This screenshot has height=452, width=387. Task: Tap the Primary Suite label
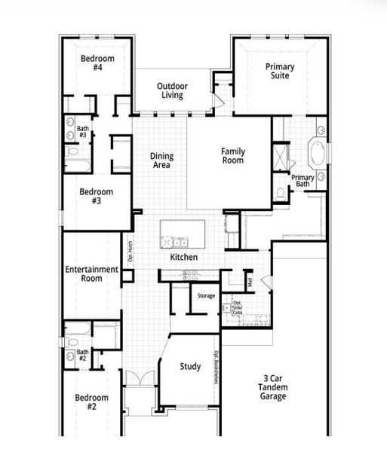280,72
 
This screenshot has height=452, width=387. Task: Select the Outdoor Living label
172,91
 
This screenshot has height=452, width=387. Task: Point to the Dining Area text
161,160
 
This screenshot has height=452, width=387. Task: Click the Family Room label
233,156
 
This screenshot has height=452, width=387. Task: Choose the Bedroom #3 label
97,197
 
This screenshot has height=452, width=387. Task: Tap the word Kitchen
183,258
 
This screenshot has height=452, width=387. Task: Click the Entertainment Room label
91,274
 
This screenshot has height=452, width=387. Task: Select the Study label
190,367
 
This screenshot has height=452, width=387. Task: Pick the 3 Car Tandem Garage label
275,387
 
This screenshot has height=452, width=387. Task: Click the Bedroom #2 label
91,402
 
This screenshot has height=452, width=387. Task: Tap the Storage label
206,296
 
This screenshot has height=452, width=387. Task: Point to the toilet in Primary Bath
281,194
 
